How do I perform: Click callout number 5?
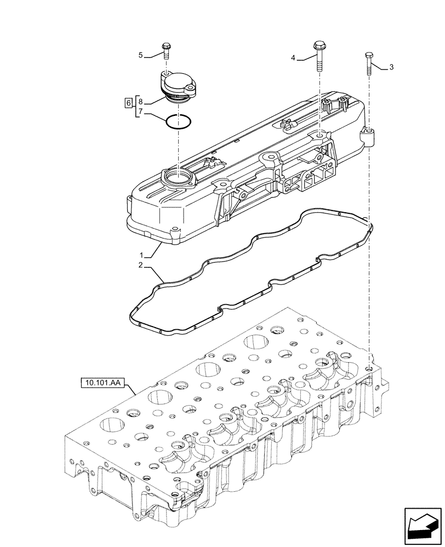tap(140, 55)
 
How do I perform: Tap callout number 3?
tap(391, 67)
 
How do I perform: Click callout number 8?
tap(140, 102)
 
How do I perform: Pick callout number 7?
tap(140, 112)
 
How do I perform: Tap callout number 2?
tap(140, 265)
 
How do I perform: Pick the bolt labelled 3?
tap(369, 63)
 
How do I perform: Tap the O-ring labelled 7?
tap(179, 121)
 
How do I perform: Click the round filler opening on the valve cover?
tap(179, 177)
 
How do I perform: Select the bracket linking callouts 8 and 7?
tap(135, 107)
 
